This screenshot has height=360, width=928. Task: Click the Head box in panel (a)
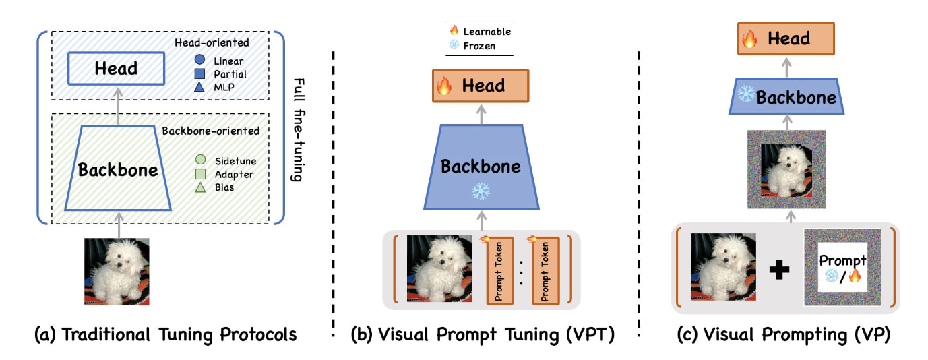[x=117, y=68]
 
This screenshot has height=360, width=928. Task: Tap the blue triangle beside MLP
[x=199, y=87]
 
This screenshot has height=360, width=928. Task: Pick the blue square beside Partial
[x=199, y=74]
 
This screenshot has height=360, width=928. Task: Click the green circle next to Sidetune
[x=199, y=160]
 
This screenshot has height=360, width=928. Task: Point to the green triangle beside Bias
[x=199, y=187]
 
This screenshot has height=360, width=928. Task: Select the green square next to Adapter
[x=199, y=174]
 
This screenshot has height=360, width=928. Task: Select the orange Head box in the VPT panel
[x=480, y=86]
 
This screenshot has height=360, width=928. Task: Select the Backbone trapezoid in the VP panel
[x=786, y=98]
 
